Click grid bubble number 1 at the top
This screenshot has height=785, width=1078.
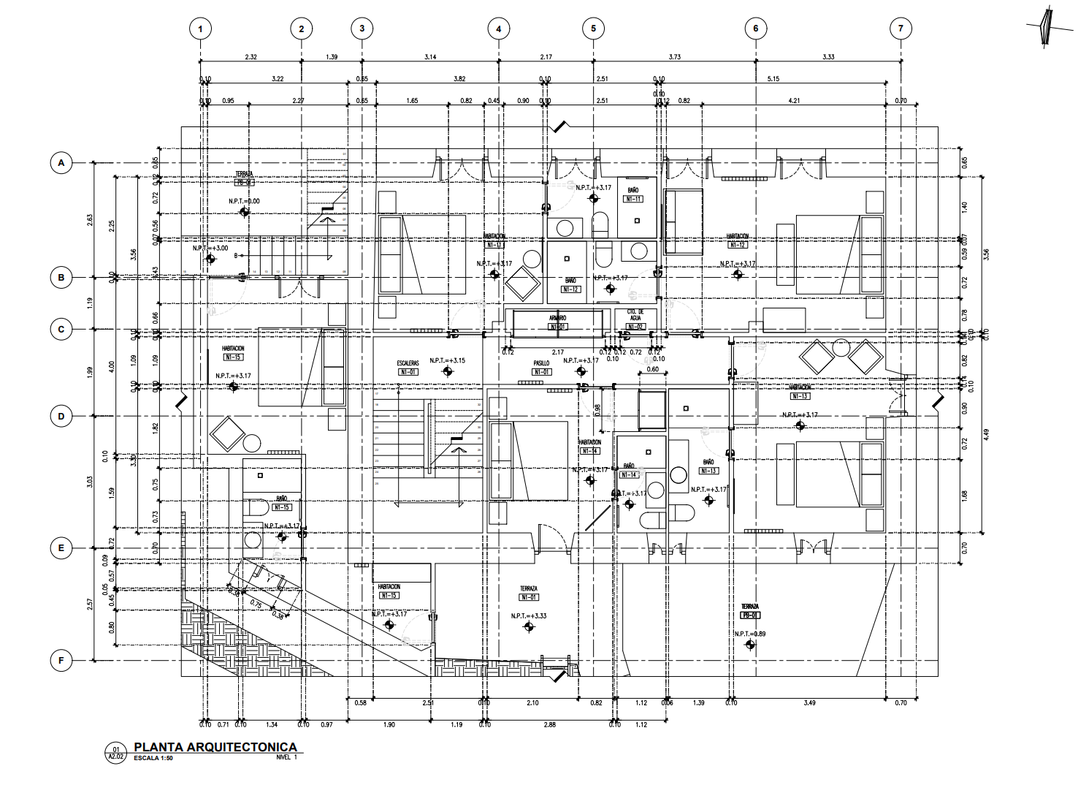pos(200,29)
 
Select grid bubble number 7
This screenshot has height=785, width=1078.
pos(901,29)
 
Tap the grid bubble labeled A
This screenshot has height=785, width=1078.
pos(61,163)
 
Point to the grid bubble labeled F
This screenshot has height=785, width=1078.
pos(61,661)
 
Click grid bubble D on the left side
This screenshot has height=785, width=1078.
pos(61,417)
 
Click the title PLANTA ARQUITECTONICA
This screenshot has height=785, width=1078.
pos(215,747)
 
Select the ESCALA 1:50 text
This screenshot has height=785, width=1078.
pos(153,758)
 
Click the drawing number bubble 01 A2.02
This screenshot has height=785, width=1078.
pos(115,752)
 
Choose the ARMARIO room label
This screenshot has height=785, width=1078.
pos(558,318)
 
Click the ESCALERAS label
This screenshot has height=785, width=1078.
pos(408,363)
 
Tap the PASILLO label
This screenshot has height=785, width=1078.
pos(541,363)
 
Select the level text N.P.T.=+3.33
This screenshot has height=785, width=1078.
pos(529,616)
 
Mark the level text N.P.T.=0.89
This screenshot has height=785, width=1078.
pos(750,634)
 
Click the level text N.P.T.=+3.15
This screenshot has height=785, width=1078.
pos(448,360)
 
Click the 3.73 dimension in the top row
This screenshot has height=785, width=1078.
pos(674,57)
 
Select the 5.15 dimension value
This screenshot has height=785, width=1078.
pos(774,79)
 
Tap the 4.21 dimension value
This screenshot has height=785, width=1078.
pos(794,101)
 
